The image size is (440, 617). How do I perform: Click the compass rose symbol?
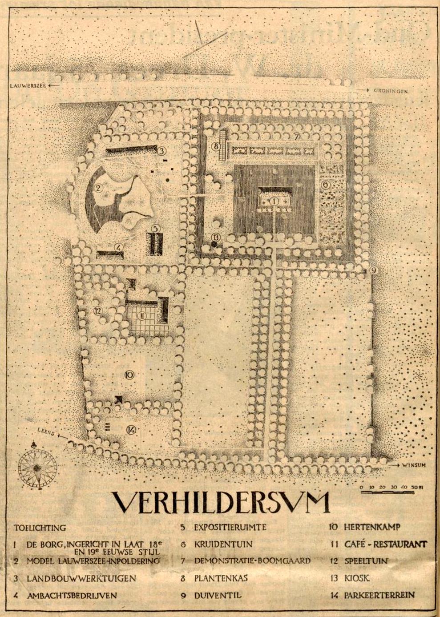tap(37, 467)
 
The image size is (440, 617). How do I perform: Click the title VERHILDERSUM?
tap(221, 503)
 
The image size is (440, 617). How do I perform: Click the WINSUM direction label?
tap(414, 466)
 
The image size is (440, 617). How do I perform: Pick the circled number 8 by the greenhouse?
tap(216, 145)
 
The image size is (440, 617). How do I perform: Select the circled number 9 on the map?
tap(373, 270)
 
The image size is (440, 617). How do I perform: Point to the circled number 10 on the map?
tap(129, 375)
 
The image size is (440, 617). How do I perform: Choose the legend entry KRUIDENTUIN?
tap(223, 544)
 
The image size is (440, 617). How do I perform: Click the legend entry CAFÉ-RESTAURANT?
tap(385, 544)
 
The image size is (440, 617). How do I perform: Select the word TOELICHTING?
tap(40, 528)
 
